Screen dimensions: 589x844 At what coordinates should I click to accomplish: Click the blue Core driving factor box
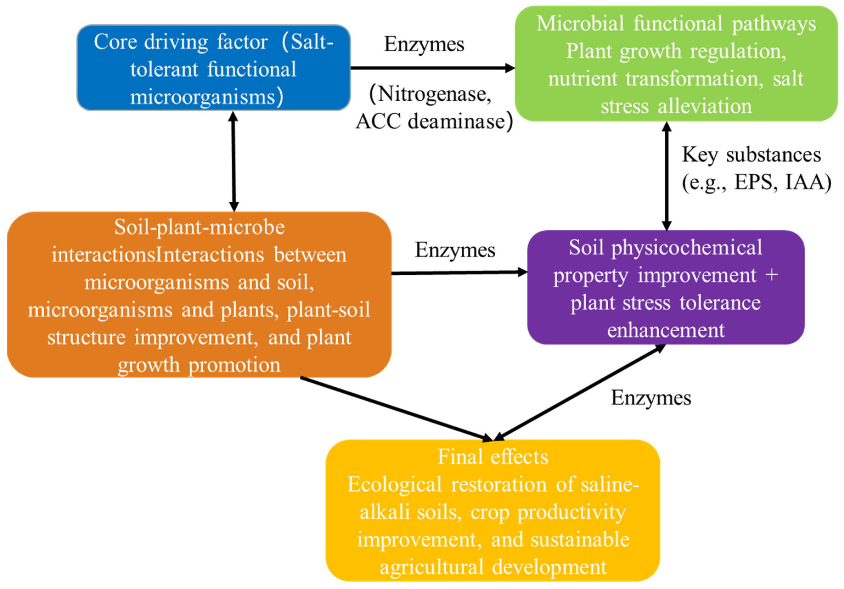213,68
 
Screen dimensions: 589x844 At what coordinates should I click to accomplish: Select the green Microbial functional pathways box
676,64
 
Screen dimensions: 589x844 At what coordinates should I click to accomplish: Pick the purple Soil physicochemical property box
665,288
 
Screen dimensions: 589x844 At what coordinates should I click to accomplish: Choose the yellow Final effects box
493,511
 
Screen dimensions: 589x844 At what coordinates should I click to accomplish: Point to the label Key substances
751,155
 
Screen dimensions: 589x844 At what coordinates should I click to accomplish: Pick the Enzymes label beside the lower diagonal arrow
651,398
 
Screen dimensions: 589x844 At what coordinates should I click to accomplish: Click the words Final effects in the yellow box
493,457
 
